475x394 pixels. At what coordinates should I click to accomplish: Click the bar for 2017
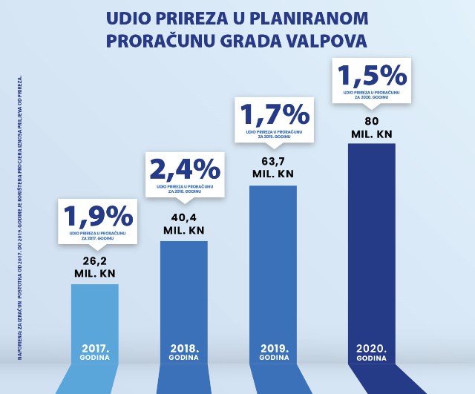(x=94, y=319)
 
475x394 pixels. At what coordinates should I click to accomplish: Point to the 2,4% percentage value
(x=186, y=169)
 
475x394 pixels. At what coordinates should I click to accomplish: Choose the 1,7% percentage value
(x=275, y=114)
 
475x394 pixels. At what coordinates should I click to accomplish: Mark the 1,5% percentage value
(x=373, y=75)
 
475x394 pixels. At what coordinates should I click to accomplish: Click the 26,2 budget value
(x=94, y=260)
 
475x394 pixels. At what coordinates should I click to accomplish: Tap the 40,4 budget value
(x=183, y=217)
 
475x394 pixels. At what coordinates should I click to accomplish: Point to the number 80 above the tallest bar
(x=373, y=122)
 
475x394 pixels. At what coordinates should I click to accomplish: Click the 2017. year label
(x=94, y=348)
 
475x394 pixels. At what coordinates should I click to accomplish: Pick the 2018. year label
(x=183, y=348)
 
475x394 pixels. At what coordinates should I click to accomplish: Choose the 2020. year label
(x=373, y=348)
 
